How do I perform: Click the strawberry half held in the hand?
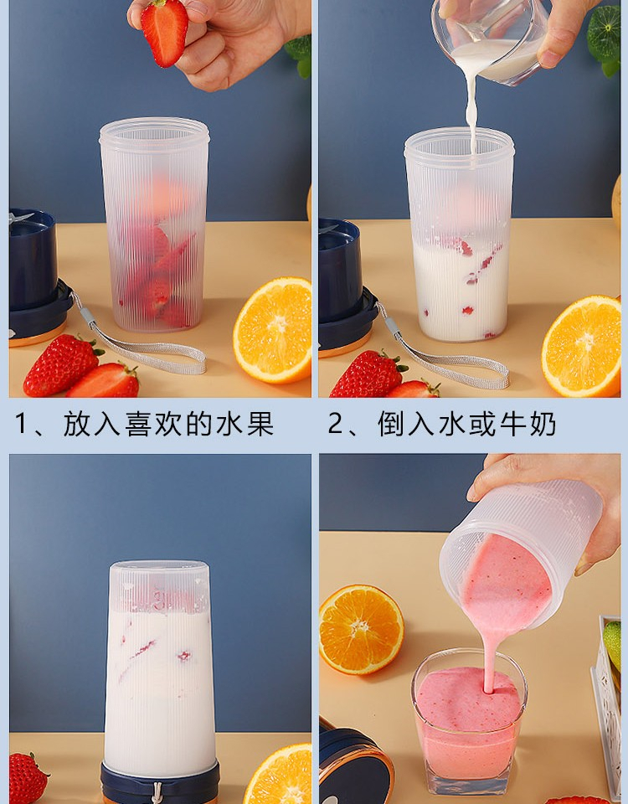pos(165,33)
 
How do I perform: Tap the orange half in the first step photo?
pos(273,330)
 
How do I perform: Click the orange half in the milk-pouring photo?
pos(582,346)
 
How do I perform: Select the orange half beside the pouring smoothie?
pos(361,629)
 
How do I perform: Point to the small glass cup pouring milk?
pos(490,39)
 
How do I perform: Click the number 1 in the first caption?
pos(20,424)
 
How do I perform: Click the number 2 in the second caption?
pos(335,424)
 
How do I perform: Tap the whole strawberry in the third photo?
pos(28,778)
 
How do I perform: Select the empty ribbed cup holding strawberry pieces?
pos(154,224)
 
